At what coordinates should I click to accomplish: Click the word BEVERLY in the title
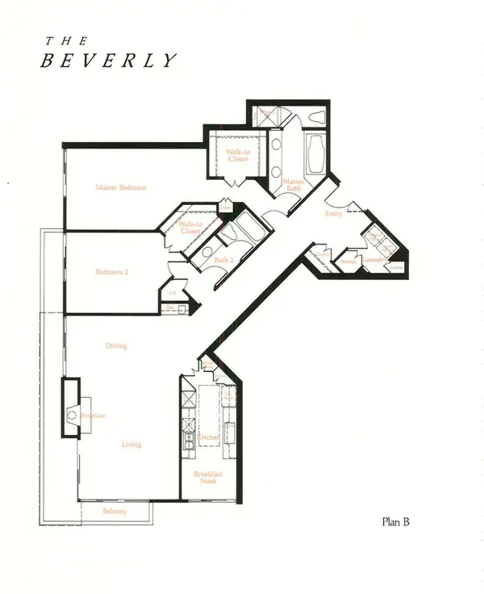109,61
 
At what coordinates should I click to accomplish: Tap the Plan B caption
396,522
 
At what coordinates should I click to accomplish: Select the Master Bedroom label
121,188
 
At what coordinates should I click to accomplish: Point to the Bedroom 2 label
112,272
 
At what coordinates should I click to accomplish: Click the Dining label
116,346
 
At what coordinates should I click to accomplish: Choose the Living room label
131,444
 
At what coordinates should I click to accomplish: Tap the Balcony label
115,512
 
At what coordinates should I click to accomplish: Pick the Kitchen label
208,437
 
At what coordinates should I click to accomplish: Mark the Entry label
333,214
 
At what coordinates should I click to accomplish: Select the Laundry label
373,260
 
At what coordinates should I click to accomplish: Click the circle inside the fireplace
71,415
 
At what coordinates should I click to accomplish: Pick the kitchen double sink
188,440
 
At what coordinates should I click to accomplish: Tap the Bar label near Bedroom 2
169,307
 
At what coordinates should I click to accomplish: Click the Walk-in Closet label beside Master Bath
236,156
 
